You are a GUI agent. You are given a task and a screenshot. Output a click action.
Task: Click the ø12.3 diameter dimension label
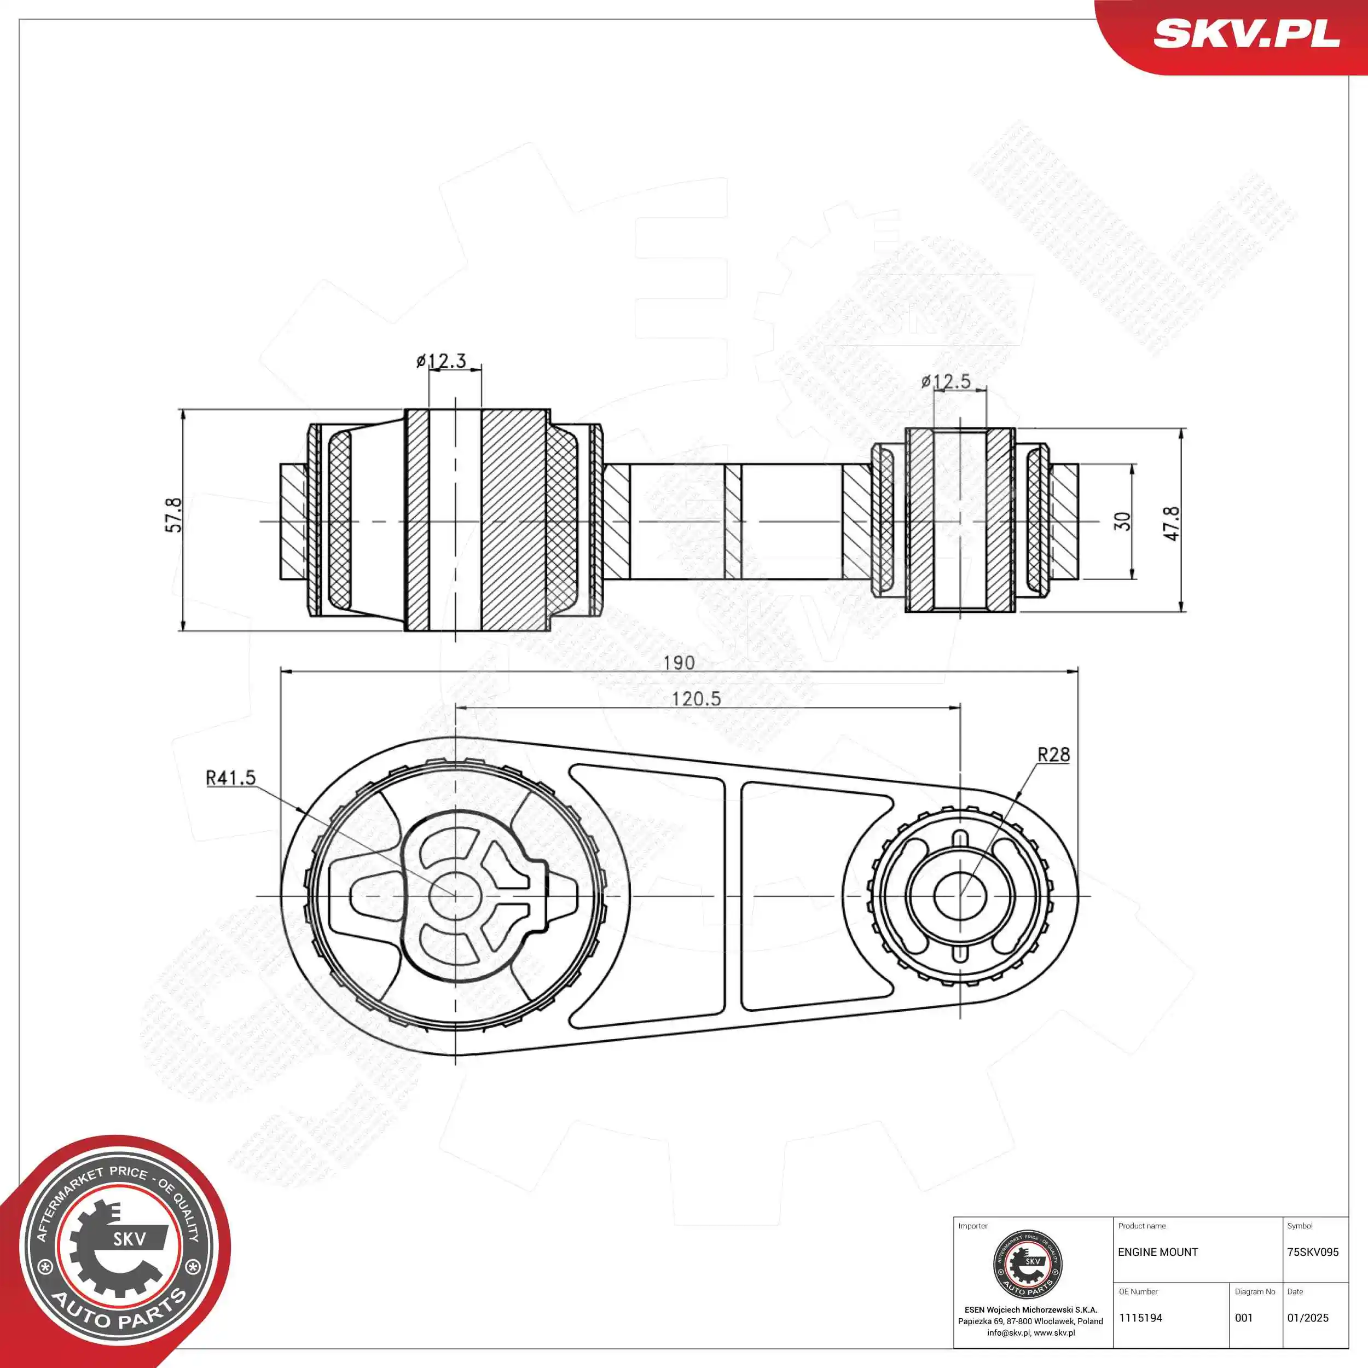point(441,361)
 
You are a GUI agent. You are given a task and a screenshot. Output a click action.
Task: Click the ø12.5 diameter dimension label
point(946,381)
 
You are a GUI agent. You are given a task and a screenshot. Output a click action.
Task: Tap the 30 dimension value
point(1122,521)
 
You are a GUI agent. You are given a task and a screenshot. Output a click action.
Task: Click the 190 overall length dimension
point(679,663)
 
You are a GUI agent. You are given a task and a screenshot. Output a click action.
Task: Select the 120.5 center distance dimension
point(696,699)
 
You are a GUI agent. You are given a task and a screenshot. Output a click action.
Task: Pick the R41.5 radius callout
point(230,778)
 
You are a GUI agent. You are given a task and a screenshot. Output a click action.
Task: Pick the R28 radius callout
point(1053,755)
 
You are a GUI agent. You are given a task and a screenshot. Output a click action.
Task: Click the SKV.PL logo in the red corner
point(1246,33)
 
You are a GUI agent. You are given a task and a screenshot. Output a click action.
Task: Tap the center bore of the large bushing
point(455,896)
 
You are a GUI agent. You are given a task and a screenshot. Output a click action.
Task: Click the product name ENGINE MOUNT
point(1158,1252)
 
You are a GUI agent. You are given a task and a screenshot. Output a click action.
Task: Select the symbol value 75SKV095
point(1313,1252)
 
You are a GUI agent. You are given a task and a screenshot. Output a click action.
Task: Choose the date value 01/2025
point(1308,1318)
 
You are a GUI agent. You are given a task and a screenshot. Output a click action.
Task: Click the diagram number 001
point(1243,1318)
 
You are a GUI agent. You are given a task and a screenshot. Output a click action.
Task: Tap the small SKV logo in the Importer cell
point(1028,1265)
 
